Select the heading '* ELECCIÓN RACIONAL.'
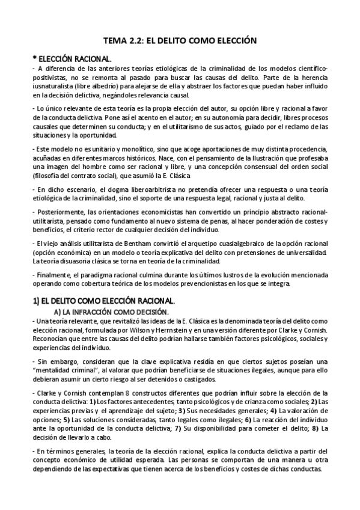click(x=72, y=59)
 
